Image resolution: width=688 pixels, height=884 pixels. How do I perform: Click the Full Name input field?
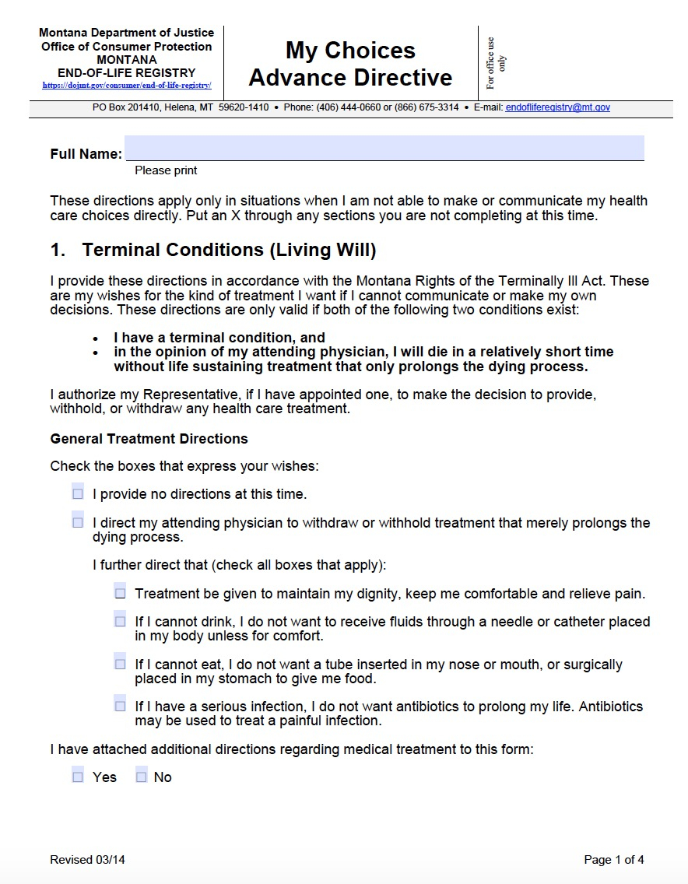384,148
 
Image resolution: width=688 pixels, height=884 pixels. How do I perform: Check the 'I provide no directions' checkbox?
78,493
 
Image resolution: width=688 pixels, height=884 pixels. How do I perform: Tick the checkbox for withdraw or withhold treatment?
78,522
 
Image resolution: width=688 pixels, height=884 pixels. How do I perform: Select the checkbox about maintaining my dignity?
120,593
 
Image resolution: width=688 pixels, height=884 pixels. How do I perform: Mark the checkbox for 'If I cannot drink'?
120,621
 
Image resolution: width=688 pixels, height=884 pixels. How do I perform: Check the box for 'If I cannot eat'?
120,664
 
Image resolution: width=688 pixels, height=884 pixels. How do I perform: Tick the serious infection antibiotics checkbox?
120,706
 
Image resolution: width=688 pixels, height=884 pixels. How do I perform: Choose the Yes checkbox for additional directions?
78,777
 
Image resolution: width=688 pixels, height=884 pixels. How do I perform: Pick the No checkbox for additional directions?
141,777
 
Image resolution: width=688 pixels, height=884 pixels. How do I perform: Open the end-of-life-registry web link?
127,86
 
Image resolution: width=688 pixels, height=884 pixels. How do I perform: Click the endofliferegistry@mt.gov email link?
557,107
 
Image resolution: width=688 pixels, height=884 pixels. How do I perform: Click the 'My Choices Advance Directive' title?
350,64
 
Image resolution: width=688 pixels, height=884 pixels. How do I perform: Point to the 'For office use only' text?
496,62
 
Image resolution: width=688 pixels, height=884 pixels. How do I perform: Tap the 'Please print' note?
166,170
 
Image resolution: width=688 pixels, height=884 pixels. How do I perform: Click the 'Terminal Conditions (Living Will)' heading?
229,250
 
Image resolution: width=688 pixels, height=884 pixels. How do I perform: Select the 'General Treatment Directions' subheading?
149,439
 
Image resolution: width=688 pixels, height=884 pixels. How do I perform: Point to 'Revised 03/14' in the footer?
87,860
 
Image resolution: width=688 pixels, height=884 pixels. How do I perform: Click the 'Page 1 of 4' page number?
614,860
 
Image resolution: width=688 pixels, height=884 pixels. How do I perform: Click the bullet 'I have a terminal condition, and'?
219,338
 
